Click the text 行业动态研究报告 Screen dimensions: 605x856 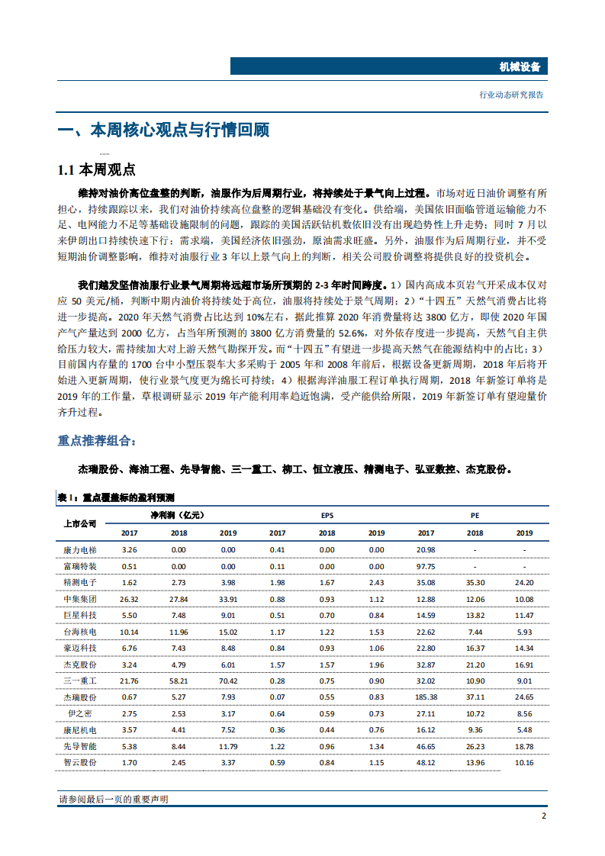[x=511, y=95]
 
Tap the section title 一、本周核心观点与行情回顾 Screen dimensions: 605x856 [x=163, y=130]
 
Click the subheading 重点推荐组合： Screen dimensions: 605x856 [x=97, y=440]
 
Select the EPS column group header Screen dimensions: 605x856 [x=327, y=516]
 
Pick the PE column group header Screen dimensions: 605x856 [x=475, y=516]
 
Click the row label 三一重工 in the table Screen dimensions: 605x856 [x=79, y=681]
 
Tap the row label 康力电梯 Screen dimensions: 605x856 [x=79, y=549]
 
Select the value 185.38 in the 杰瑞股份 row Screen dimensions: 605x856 [x=426, y=697]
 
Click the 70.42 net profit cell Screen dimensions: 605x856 [x=228, y=681]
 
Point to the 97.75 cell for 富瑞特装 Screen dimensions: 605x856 [x=426, y=566]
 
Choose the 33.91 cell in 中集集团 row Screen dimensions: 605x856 [x=228, y=599]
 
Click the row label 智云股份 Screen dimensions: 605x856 [x=79, y=762]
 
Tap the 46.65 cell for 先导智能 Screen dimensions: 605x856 [x=426, y=746]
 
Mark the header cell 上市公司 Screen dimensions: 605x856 [x=79, y=524]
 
